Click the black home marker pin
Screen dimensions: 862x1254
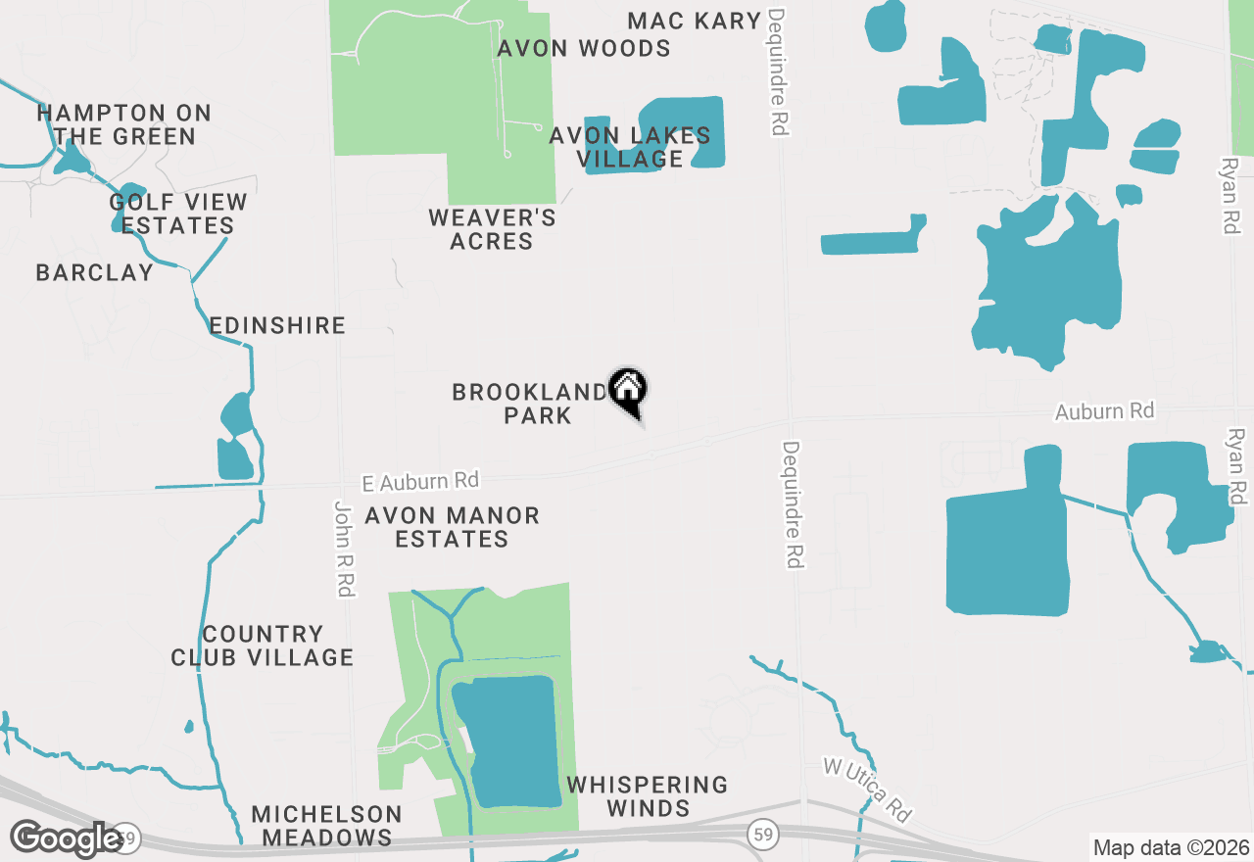point(628,389)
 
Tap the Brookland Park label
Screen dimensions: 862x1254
point(530,404)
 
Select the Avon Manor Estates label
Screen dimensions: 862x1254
point(452,527)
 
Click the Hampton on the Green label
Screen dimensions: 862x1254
point(124,124)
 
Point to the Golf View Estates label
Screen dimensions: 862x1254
point(177,214)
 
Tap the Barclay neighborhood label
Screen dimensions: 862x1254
point(94,272)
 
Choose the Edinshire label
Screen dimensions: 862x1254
point(277,325)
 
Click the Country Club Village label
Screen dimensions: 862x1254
point(262,646)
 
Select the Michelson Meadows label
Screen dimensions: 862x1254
point(326,826)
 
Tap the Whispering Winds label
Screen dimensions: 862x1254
point(648,796)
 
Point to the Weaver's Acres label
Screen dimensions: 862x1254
point(492,229)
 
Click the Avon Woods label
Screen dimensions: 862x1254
point(584,48)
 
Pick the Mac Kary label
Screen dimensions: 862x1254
point(694,21)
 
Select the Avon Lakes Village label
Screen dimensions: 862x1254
point(629,147)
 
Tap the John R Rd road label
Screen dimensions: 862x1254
point(344,549)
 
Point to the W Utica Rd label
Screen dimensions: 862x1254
point(868,790)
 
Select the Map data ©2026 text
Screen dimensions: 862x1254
point(1170,847)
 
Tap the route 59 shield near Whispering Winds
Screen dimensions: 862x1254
point(761,835)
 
